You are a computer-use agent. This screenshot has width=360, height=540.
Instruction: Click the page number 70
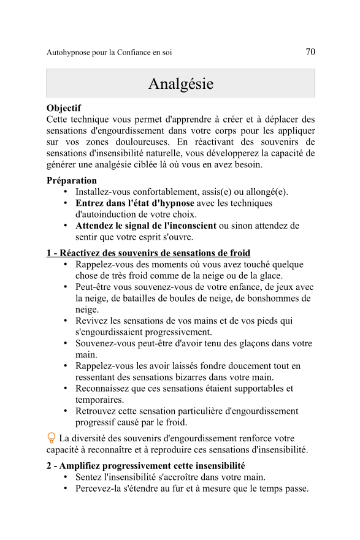pos(310,52)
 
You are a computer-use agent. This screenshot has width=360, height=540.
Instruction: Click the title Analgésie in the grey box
pos(180,83)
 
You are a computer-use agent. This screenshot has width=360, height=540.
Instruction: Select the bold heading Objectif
pos(64,108)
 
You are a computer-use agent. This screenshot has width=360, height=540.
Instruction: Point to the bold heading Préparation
pos(72,181)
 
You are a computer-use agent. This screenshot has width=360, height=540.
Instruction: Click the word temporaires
pos(99,400)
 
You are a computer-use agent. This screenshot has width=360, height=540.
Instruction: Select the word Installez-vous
pos(104,192)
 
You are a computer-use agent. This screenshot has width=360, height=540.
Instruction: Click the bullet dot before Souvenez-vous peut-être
pos(66,344)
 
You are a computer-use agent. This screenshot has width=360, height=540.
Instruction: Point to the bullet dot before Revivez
pos(66,321)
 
